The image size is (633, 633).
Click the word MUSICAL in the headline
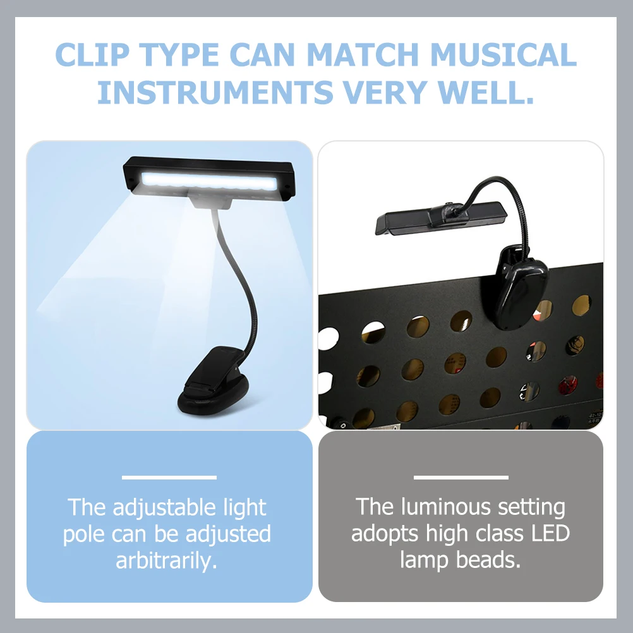click(x=503, y=54)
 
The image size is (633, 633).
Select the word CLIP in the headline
click(x=92, y=54)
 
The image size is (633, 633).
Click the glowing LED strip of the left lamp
click(x=209, y=181)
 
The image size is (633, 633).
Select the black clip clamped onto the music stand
click(x=520, y=289)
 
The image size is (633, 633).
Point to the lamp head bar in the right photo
click(x=441, y=217)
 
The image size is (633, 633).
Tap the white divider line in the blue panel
click(x=169, y=478)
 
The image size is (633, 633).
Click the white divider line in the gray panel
click(x=461, y=478)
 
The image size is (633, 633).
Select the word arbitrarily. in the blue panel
click(x=167, y=560)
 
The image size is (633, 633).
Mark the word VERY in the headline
click(x=385, y=92)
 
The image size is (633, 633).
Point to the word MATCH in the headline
click(x=363, y=54)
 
